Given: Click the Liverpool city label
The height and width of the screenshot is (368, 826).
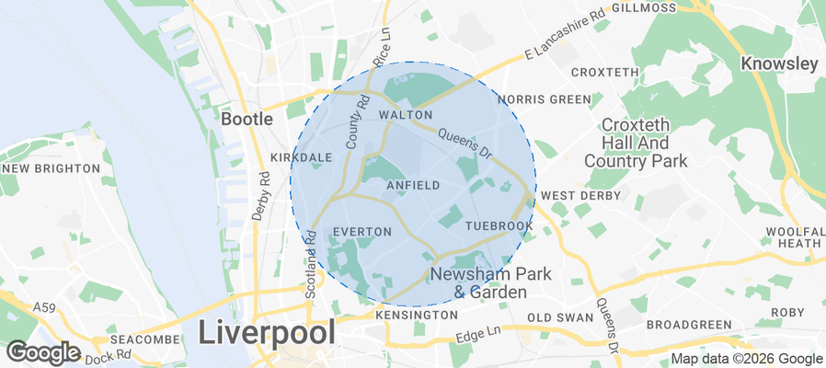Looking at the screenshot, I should [x=266, y=333].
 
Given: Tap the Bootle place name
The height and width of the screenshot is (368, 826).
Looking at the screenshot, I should [x=247, y=120].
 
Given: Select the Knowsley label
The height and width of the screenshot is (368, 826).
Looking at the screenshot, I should [x=780, y=64].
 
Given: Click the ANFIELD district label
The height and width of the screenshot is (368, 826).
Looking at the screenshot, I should [x=413, y=186].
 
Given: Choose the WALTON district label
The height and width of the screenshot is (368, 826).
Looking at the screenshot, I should [x=399, y=115].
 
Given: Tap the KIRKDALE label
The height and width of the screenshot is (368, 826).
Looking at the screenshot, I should [x=301, y=157].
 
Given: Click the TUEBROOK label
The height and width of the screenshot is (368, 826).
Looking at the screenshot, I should [x=499, y=225].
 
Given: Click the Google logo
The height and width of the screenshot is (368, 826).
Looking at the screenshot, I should [x=42, y=351].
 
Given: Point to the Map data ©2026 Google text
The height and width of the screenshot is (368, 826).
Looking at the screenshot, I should [x=746, y=359].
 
